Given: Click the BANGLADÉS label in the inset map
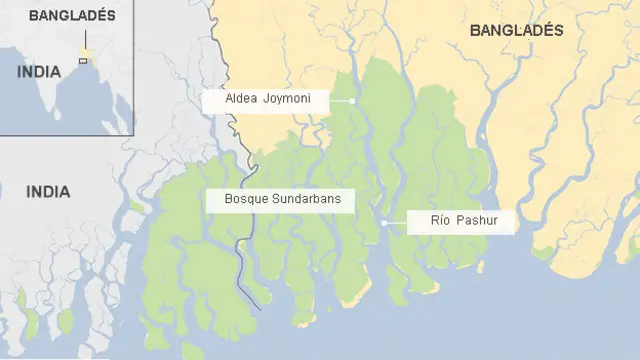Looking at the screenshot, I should (72, 16).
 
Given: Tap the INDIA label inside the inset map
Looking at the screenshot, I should (39, 72).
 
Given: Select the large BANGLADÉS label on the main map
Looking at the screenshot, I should (516, 31).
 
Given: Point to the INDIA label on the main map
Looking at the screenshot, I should (48, 191).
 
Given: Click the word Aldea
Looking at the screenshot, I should (243, 101).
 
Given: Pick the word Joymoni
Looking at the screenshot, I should (288, 101).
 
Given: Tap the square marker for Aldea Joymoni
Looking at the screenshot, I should (353, 101).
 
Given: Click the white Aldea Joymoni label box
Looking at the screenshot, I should (267, 101).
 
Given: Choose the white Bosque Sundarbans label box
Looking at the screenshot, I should (281, 200).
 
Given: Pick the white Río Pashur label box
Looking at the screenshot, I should (461, 222).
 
